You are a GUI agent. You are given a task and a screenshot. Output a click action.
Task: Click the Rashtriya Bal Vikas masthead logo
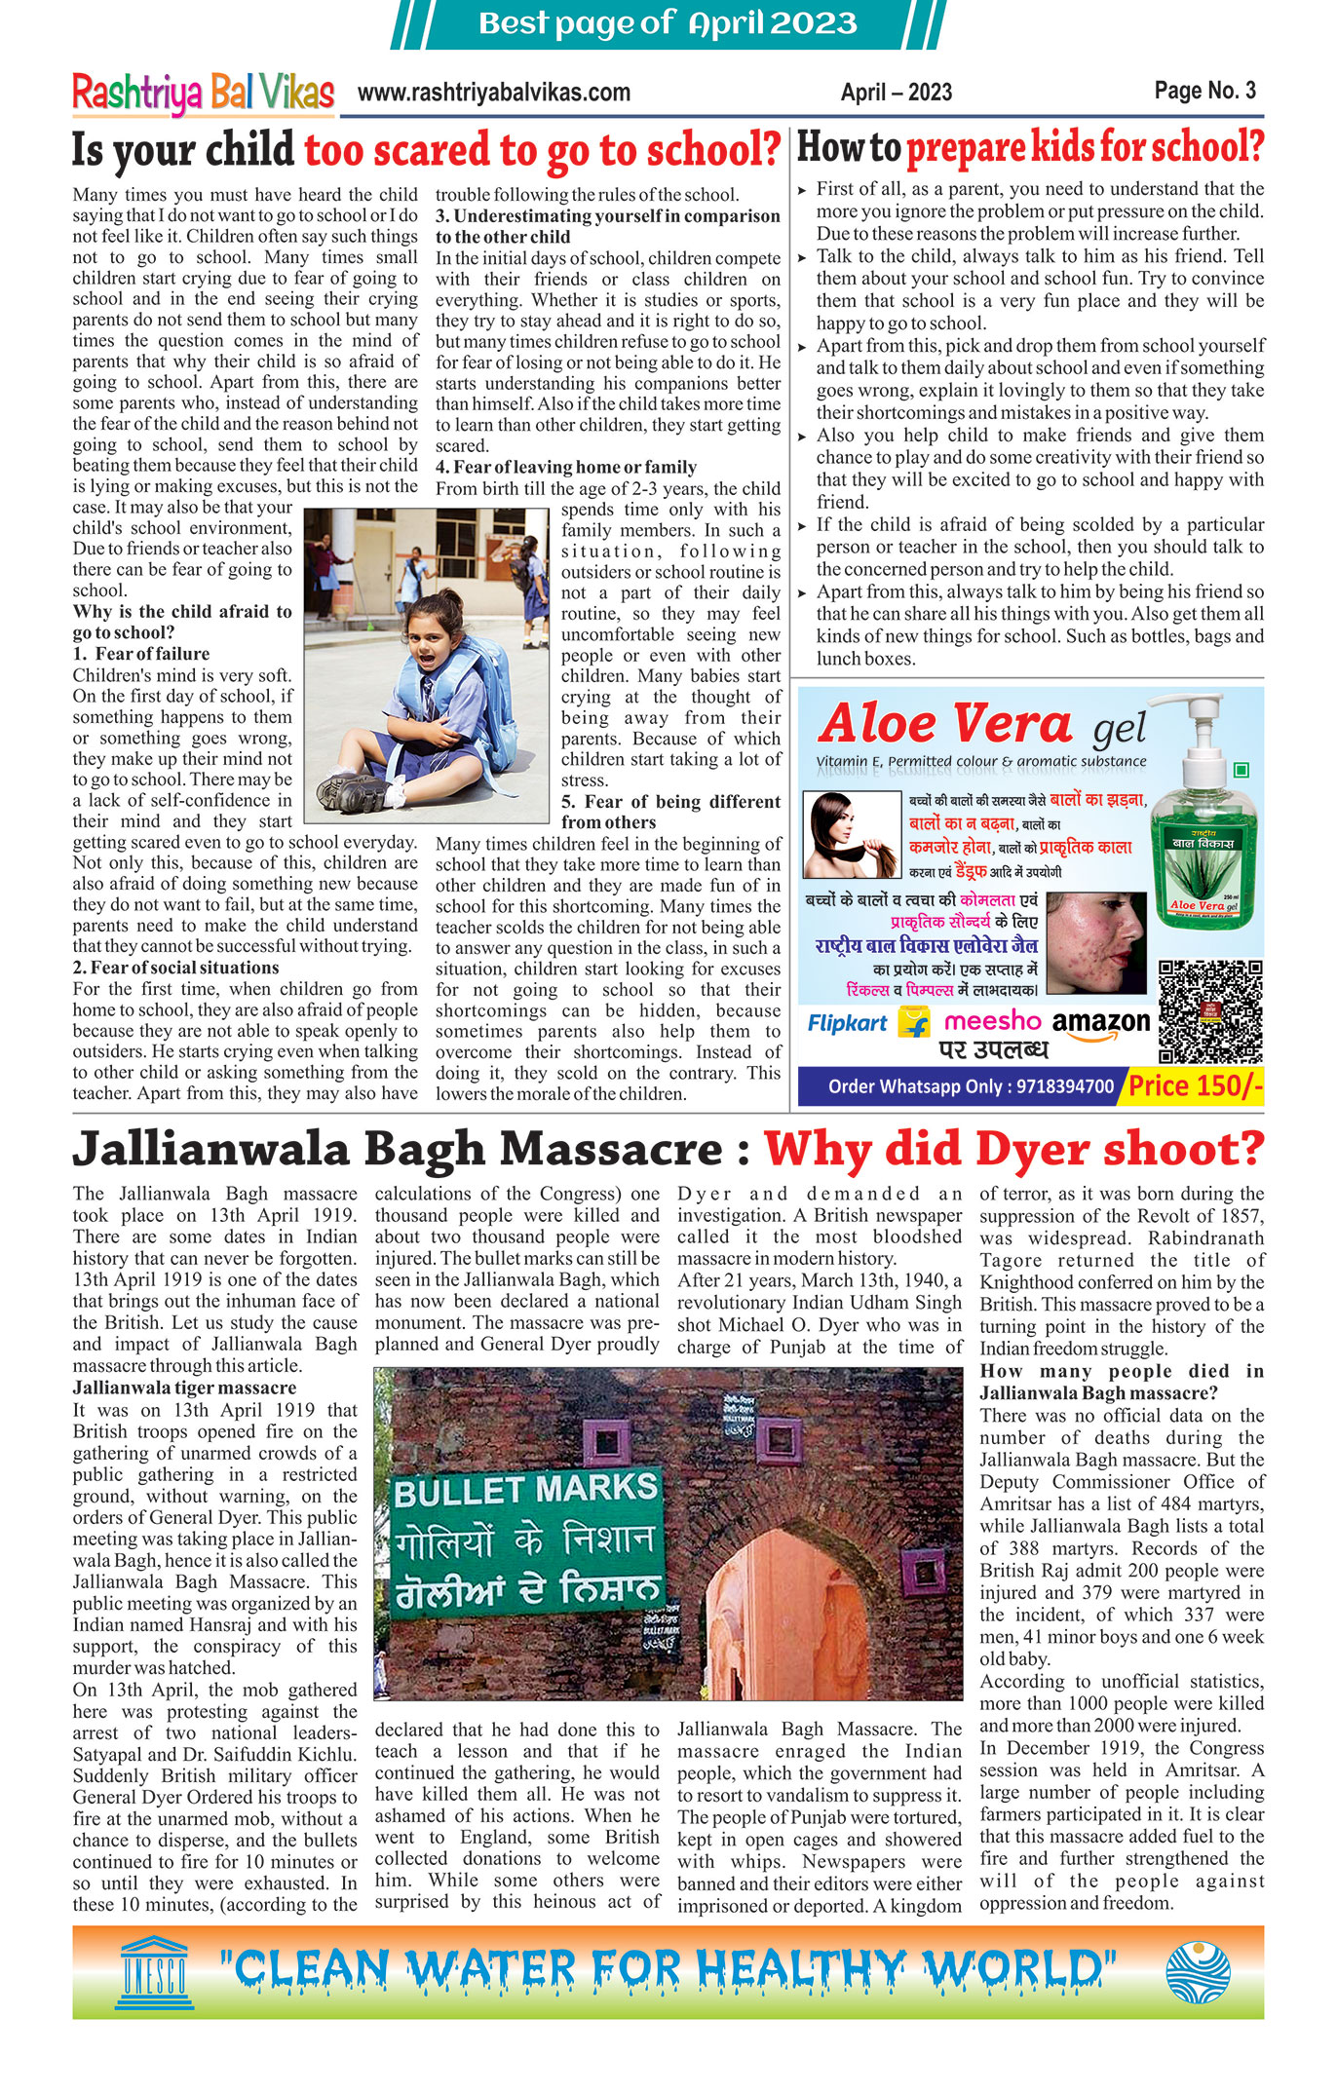point(203,94)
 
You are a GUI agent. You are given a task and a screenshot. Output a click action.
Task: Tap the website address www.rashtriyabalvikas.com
point(494,93)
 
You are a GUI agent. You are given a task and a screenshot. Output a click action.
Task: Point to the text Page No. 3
point(1204,91)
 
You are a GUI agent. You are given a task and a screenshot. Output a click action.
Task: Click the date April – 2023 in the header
point(896,93)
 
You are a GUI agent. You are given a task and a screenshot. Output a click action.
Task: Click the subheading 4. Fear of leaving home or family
point(566,467)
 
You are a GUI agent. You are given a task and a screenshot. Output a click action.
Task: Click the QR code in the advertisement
point(1210,1010)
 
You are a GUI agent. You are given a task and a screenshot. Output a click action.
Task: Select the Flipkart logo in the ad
point(847,1023)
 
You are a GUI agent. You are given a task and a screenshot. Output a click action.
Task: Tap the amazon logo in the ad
point(1101,1023)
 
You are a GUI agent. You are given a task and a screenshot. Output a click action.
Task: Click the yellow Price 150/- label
point(1195,1085)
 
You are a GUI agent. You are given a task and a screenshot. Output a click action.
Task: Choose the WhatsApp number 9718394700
point(1064,1086)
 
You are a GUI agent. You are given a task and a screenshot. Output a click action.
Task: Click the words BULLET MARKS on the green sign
point(525,1490)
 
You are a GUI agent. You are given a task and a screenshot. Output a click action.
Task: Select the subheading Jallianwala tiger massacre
point(184,1388)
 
